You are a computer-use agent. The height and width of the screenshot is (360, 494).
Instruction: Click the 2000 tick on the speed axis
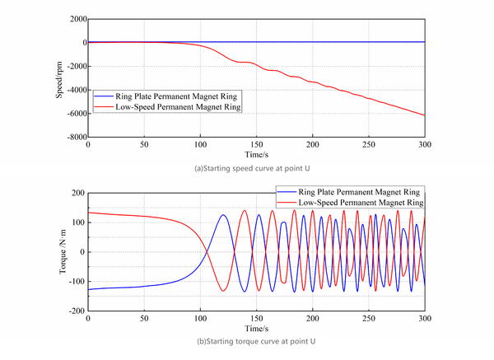pyautogui.click(x=76, y=19)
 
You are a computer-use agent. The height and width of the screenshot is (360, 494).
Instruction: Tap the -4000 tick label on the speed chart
pyautogui.click(x=74, y=90)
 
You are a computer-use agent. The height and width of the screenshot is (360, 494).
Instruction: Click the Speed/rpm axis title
pyautogui.click(x=59, y=77)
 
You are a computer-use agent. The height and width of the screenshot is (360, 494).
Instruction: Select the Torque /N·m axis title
pyautogui.click(x=59, y=252)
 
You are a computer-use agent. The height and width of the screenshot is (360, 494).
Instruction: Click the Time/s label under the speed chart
pyautogui.click(x=256, y=154)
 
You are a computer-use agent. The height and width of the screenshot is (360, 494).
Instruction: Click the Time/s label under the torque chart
pyautogui.click(x=256, y=329)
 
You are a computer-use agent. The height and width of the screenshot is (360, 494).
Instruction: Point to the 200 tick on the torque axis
pyautogui.click(x=78, y=193)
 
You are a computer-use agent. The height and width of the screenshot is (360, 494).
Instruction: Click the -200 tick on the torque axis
pyautogui.click(x=77, y=311)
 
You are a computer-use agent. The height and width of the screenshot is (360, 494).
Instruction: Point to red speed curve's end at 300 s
pyautogui.click(x=425, y=115)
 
